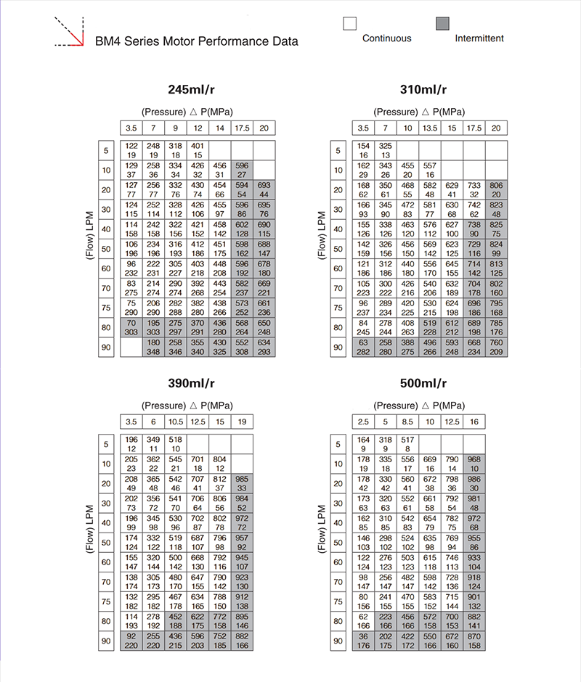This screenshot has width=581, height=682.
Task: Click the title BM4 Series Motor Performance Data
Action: tap(197, 41)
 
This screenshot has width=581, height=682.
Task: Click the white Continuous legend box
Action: tap(350, 22)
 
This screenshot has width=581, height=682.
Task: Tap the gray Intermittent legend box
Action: tap(442, 22)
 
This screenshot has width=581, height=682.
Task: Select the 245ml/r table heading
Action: tap(191, 90)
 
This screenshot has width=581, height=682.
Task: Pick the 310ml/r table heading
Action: tap(423, 90)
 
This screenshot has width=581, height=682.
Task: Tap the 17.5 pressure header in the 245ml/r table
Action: tap(242, 128)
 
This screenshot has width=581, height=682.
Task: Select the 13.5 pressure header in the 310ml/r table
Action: tap(429, 128)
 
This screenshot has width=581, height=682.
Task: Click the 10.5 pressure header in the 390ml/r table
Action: tap(175, 422)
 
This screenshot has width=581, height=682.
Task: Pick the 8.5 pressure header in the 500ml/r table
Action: tap(408, 422)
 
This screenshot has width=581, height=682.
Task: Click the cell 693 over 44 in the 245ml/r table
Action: tap(264, 190)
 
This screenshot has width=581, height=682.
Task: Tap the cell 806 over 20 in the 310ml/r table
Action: tap(497, 190)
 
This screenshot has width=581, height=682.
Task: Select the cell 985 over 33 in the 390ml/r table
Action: tap(242, 483)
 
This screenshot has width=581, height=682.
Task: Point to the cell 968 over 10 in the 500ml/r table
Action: tap(474, 464)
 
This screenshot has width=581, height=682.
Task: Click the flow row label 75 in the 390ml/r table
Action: tap(106, 601)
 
